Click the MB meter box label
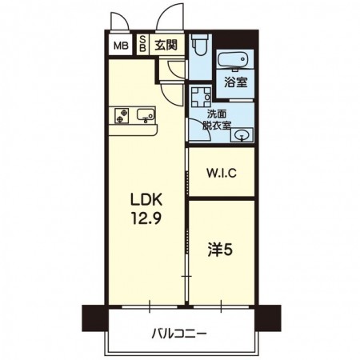tap(121, 46)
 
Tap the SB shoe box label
tap(143, 44)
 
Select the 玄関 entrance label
tap(166, 45)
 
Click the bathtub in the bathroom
tap(234, 59)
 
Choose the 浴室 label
tap(235, 82)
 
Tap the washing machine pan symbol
tap(201, 96)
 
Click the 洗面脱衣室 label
tap(217, 120)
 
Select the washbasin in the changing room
tap(242, 135)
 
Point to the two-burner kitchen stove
tap(122, 116)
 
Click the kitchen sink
tap(146, 116)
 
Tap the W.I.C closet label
tap(222, 174)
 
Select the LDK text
tap(146, 199)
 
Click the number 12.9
tap(146, 218)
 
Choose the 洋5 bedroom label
tap(220, 250)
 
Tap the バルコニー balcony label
tap(179, 334)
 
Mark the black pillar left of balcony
tap(95, 318)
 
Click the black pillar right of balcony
tap(268, 318)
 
